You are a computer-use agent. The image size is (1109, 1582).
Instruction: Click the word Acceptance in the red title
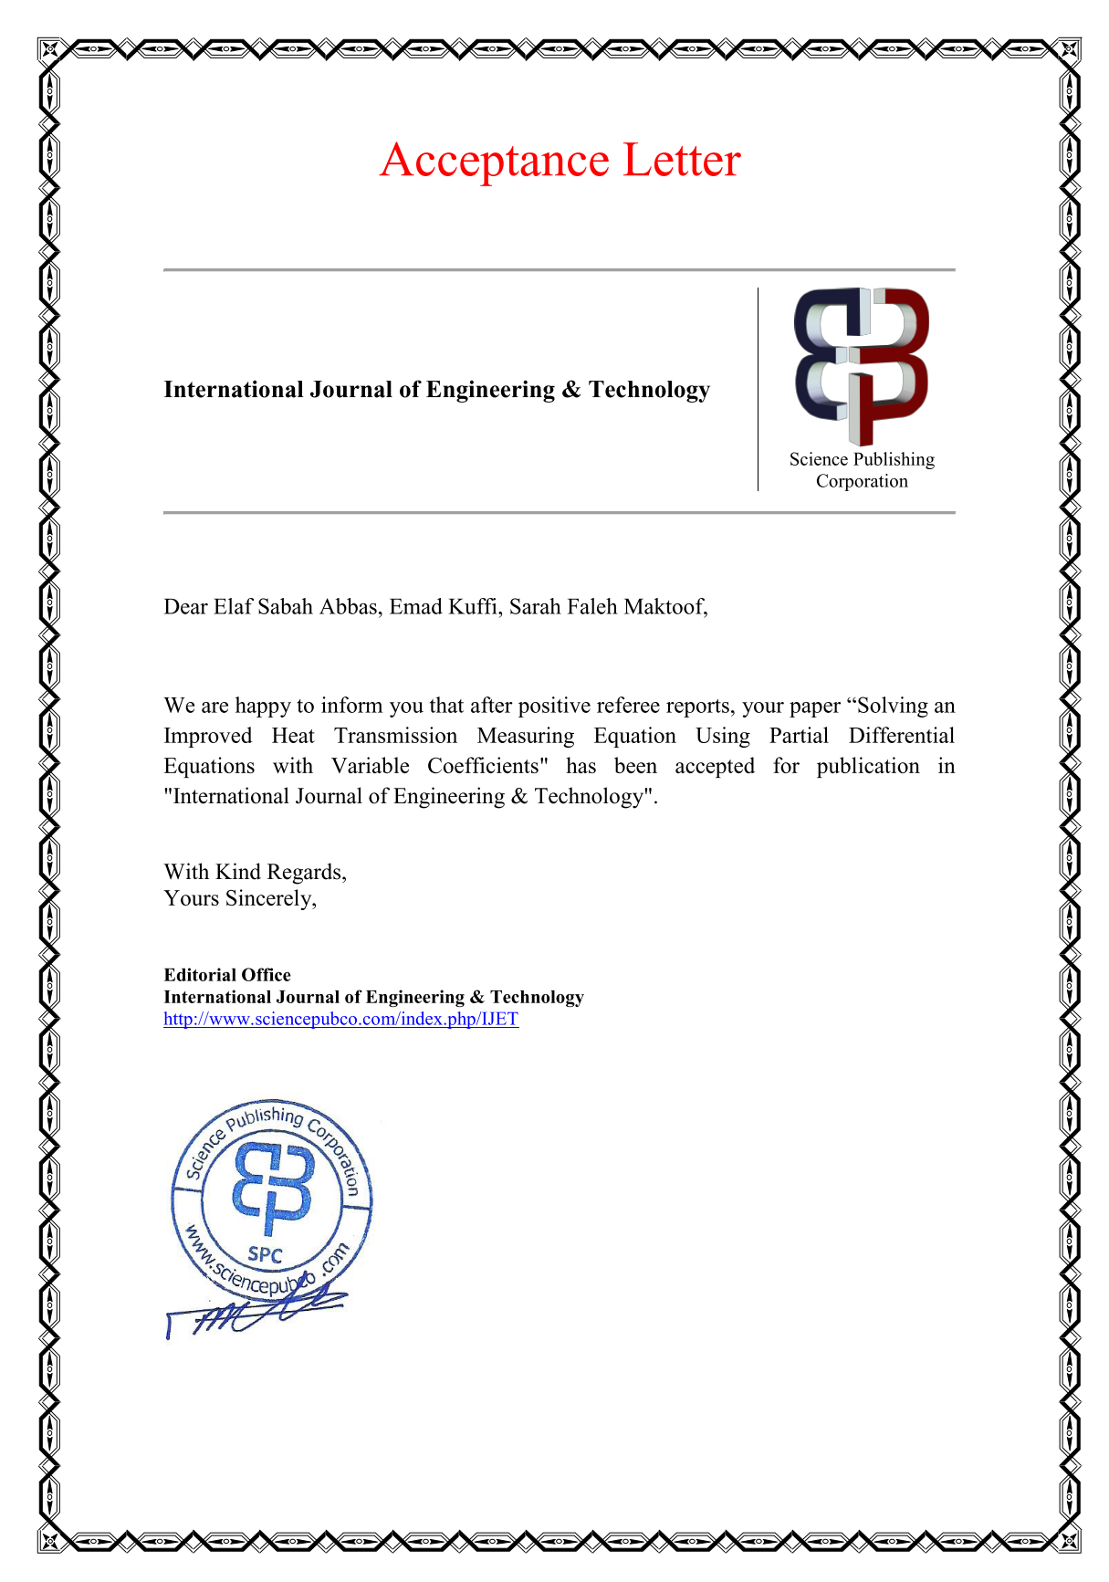(494, 161)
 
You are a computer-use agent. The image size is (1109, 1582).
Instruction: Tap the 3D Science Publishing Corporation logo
(861, 365)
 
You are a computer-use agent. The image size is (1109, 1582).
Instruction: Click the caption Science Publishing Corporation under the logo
(862, 470)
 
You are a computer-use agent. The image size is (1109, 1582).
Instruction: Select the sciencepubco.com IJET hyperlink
(340, 1019)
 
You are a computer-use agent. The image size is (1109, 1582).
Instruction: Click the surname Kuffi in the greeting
(476, 607)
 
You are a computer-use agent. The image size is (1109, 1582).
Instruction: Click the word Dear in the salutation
(185, 607)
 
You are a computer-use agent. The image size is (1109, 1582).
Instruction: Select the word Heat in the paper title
(292, 736)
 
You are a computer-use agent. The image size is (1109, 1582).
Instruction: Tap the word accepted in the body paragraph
(714, 766)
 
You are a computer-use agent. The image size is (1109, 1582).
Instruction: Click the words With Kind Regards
(255, 872)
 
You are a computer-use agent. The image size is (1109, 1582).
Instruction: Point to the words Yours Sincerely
(240, 898)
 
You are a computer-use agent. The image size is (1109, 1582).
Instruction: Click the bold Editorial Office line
(227, 975)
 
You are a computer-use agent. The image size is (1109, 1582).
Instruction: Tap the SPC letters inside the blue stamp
(265, 1254)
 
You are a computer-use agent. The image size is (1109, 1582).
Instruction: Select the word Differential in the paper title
(901, 736)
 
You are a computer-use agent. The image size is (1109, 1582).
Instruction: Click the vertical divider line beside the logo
(758, 390)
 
